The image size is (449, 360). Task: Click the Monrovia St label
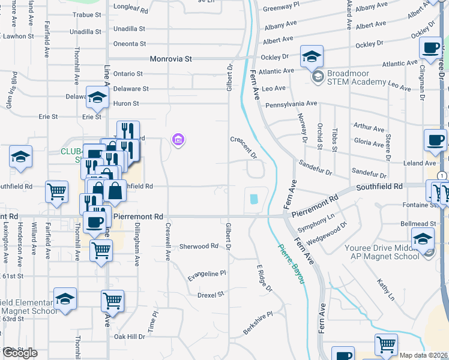click(x=170, y=59)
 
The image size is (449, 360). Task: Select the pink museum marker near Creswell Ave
click(x=178, y=140)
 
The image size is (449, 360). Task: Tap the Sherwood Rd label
click(x=199, y=247)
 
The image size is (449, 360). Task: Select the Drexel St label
click(x=210, y=295)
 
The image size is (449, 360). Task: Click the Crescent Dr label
click(x=244, y=148)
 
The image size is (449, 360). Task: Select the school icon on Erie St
click(x=97, y=97)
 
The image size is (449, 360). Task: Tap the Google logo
click(x=19, y=353)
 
